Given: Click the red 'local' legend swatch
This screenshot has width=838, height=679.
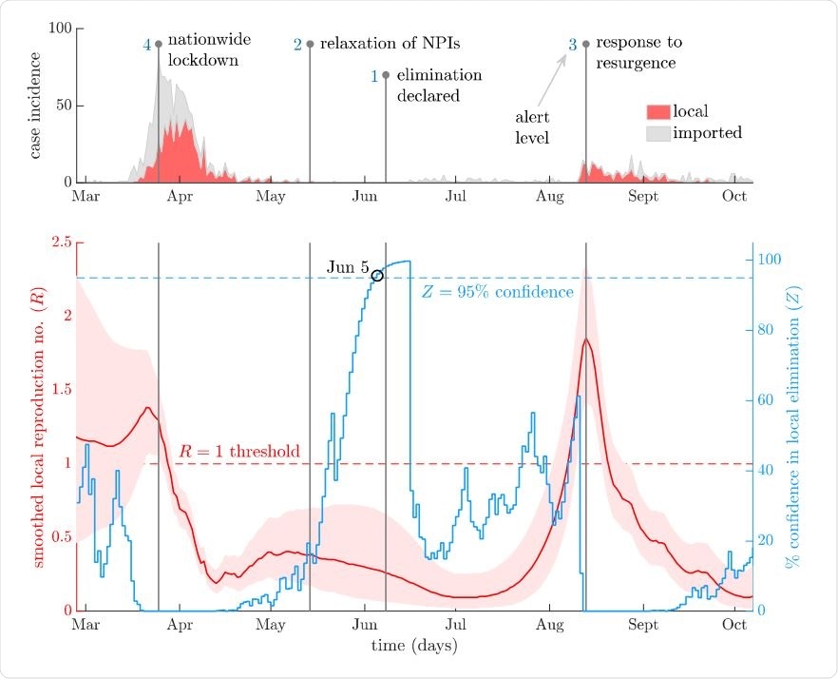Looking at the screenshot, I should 657,112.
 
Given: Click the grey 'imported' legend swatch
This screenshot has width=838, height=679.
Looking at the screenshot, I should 657,133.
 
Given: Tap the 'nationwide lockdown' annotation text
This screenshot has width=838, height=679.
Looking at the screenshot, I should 202,51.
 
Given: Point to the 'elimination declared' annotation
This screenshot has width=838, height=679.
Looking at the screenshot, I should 438,85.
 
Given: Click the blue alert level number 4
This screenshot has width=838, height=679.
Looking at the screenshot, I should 147,45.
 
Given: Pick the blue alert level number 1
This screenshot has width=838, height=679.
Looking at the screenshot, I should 374,75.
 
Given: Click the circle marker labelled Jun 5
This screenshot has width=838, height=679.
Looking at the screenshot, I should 377,276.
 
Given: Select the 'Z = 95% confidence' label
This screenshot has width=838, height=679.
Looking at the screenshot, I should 497,292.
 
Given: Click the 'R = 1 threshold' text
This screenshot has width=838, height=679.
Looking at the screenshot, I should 239,451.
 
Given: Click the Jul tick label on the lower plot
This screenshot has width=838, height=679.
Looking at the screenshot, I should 456,625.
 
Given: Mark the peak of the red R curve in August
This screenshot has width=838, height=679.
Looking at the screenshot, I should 586,339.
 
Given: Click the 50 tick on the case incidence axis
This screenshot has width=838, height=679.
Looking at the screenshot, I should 62,105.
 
